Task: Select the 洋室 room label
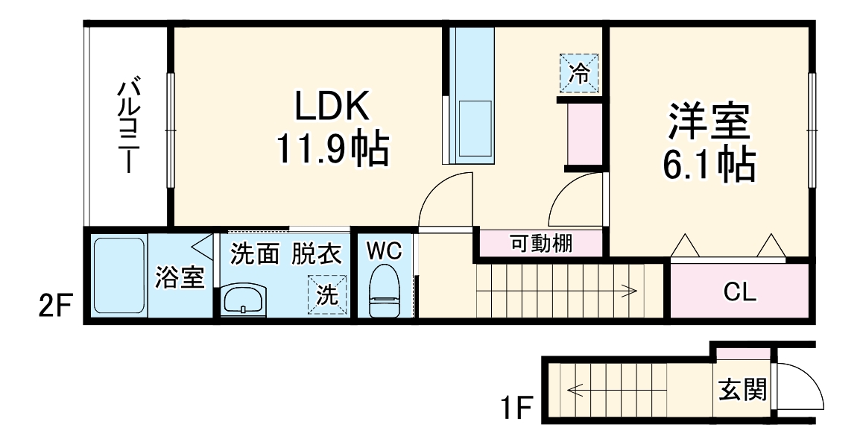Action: pyautogui.click(x=708, y=123)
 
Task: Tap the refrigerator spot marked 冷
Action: pyautogui.click(x=579, y=72)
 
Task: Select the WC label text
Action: pyautogui.click(x=384, y=252)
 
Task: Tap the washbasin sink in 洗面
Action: pyautogui.click(x=243, y=301)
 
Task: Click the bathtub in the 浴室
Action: pyautogui.click(x=119, y=276)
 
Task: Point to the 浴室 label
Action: pyautogui.click(x=180, y=278)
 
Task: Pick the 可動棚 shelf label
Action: pyautogui.click(x=541, y=244)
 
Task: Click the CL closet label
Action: pyautogui.click(x=740, y=291)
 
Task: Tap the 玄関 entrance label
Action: pyautogui.click(x=742, y=388)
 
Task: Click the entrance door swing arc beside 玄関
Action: pyautogui.click(x=803, y=388)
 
